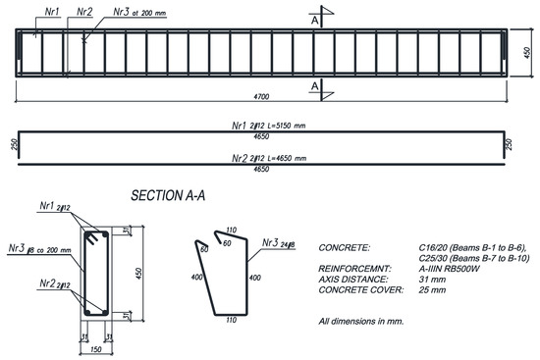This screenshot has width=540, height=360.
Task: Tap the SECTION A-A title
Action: click(173, 196)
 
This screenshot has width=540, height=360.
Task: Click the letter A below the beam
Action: click(314, 87)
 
